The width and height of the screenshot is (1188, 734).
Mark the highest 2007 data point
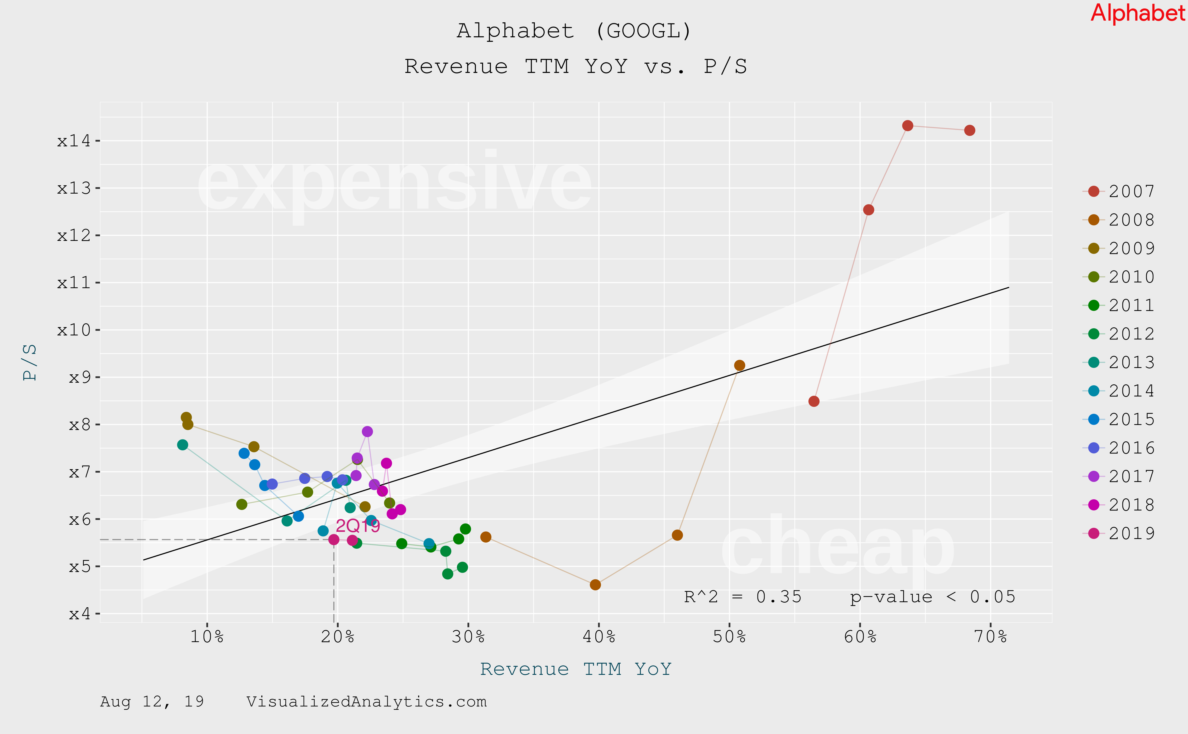click(x=907, y=126)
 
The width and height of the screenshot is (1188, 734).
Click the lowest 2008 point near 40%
click(x=595, y=585)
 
